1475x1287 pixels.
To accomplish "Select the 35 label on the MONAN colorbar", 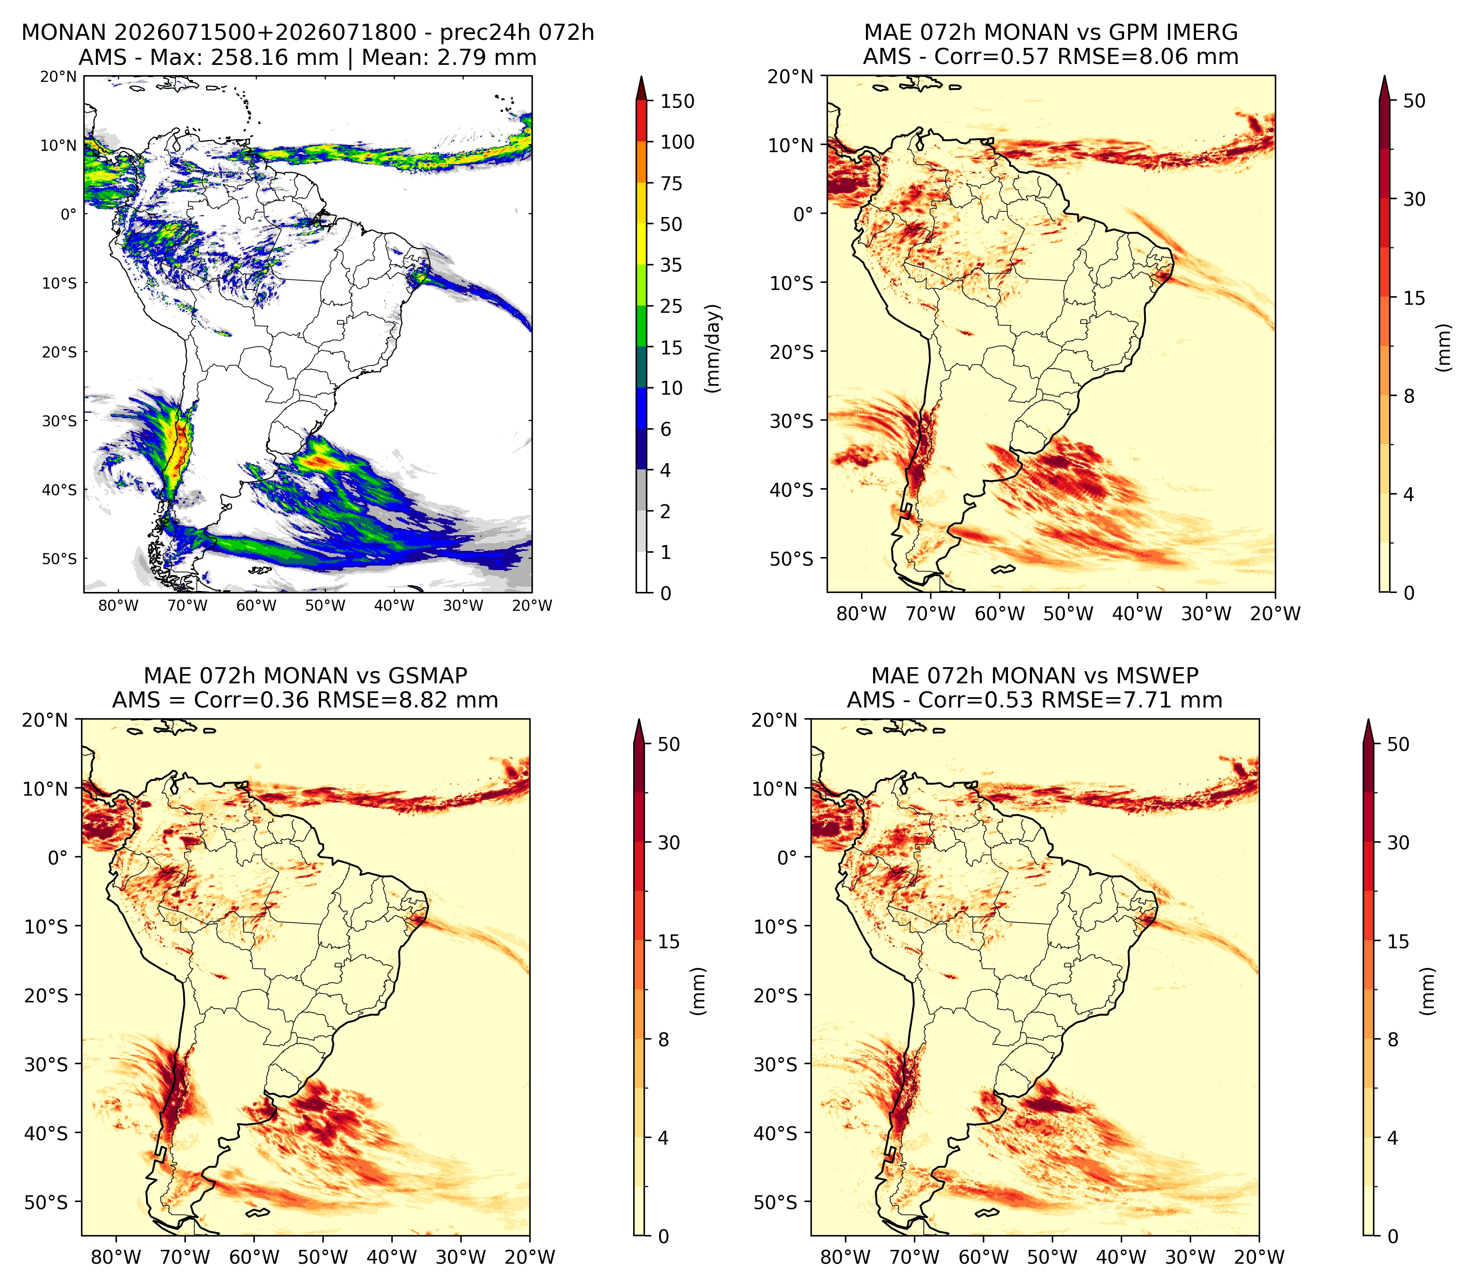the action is pos(671,265).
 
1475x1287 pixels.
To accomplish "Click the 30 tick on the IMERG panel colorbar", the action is pos(1414,199).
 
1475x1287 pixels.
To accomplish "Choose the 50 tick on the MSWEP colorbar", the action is pos(1398,744).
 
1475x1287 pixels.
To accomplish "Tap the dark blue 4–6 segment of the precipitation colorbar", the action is pos(642,450).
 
